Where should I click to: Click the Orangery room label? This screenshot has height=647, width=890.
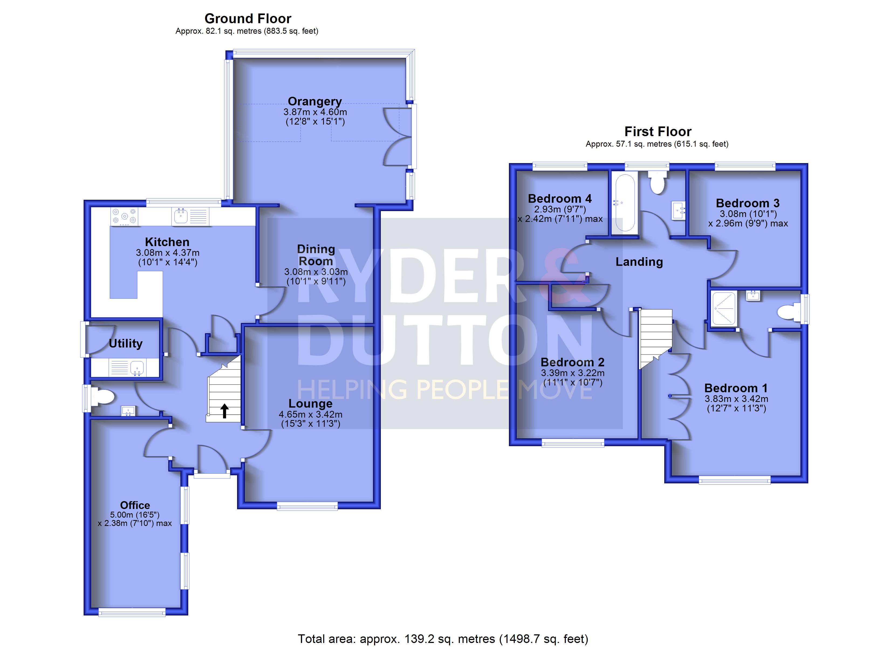[x=315, y=102]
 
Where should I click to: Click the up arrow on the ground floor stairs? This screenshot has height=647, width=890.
[x=224, y=411]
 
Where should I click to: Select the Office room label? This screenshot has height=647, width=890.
[x=135, y=505]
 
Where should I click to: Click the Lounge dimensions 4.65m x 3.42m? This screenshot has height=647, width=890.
[x=310, y=414]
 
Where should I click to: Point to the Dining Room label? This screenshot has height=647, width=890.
[x=316, y=255]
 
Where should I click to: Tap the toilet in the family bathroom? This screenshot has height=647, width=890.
[x=657, y=182]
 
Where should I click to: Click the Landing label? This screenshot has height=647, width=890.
[x=639, y=262]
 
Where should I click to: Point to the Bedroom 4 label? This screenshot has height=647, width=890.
[x=560, y=198]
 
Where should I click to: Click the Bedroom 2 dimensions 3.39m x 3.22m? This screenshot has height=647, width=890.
[x=573, y=373]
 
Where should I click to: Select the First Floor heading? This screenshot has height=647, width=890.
[x=658, y=132]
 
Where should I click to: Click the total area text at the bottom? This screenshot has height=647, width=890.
[x=443, y=639]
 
